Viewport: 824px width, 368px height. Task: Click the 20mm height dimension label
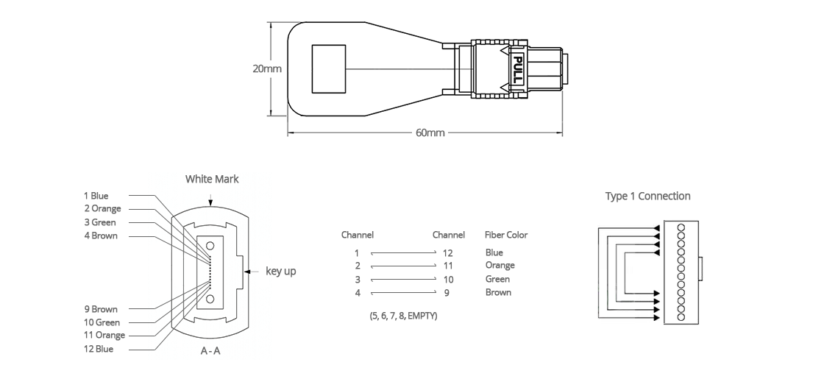(267, 68)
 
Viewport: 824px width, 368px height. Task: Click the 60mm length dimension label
(430, 132)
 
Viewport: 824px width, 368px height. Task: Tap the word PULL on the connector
(518, 68)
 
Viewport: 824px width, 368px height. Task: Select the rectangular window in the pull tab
(329, 69)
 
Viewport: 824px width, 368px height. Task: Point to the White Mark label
(212, 180)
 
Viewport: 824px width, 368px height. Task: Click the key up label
(280, 272)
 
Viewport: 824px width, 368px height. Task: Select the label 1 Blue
(96, 196)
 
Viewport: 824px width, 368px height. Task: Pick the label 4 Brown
(101, 236)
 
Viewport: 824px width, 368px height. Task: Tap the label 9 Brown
(101, 309)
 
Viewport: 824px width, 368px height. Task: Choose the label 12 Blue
(99, 349)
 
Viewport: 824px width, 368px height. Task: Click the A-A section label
(210, 350)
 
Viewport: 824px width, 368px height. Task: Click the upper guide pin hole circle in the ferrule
(210, 246)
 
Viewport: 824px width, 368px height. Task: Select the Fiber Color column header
(506, 235)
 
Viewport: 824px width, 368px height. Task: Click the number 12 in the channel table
(448, 253)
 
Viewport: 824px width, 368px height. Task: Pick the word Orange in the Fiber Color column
(500, 266)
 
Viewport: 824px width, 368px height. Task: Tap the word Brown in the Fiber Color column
(498, 292)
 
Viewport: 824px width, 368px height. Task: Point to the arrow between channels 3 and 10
(403, 279)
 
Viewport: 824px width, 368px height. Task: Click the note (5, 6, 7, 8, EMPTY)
(404, 316)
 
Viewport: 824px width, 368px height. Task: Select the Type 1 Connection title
(648, 196)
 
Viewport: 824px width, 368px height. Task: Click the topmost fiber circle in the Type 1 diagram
(681, 227)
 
